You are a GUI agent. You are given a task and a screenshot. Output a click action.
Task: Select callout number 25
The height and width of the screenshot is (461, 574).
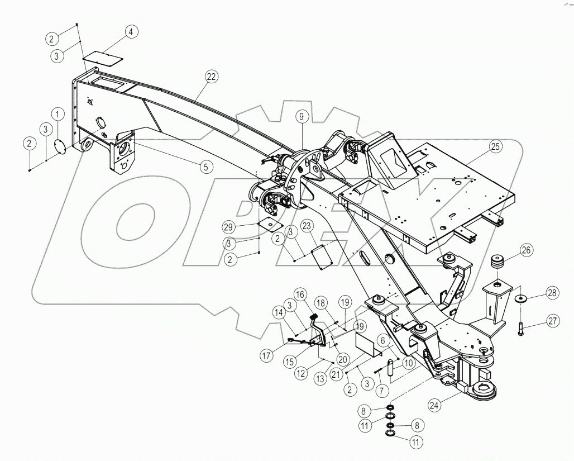point(495,146)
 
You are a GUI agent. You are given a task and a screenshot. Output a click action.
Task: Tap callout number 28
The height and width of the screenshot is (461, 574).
point(552,292)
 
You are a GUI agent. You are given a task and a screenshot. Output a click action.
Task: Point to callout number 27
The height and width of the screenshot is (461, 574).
point(552,321)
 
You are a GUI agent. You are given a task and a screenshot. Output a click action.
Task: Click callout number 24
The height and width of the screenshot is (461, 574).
point(436,404)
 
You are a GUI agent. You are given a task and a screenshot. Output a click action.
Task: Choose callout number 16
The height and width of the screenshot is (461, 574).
point(300,294)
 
